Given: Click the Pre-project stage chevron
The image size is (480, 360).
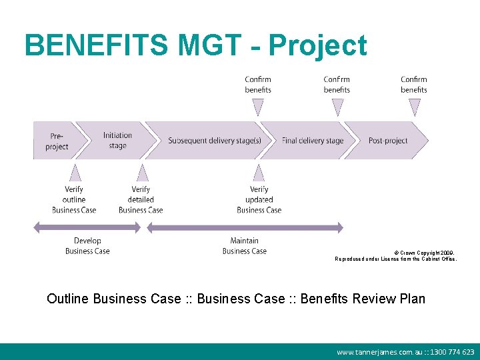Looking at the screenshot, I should point(59,141).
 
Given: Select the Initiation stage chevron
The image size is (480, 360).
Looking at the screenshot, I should point(117,141).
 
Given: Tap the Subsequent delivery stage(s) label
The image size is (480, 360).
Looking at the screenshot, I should point(214,141).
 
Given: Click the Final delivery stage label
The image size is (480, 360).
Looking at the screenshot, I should point(313,141).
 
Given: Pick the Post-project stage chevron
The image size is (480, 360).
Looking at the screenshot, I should point(388,141).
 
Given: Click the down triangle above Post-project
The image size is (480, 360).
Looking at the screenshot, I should point(414,107).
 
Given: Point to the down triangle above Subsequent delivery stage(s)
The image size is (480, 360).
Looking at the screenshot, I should point(258,107).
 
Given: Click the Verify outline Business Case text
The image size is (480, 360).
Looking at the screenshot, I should point(74,199).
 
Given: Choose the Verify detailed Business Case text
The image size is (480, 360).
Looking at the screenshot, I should point(141,199).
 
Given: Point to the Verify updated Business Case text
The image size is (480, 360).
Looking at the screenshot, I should point(259,199).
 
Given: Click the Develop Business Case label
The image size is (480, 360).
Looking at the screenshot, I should point(87,246).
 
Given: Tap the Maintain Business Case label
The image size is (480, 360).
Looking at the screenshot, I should point(244,246).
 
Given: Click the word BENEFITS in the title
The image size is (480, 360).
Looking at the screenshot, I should point(96,45).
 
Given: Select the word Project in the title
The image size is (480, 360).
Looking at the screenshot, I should point(317,45).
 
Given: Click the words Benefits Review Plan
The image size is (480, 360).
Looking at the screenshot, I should point(363,299).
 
